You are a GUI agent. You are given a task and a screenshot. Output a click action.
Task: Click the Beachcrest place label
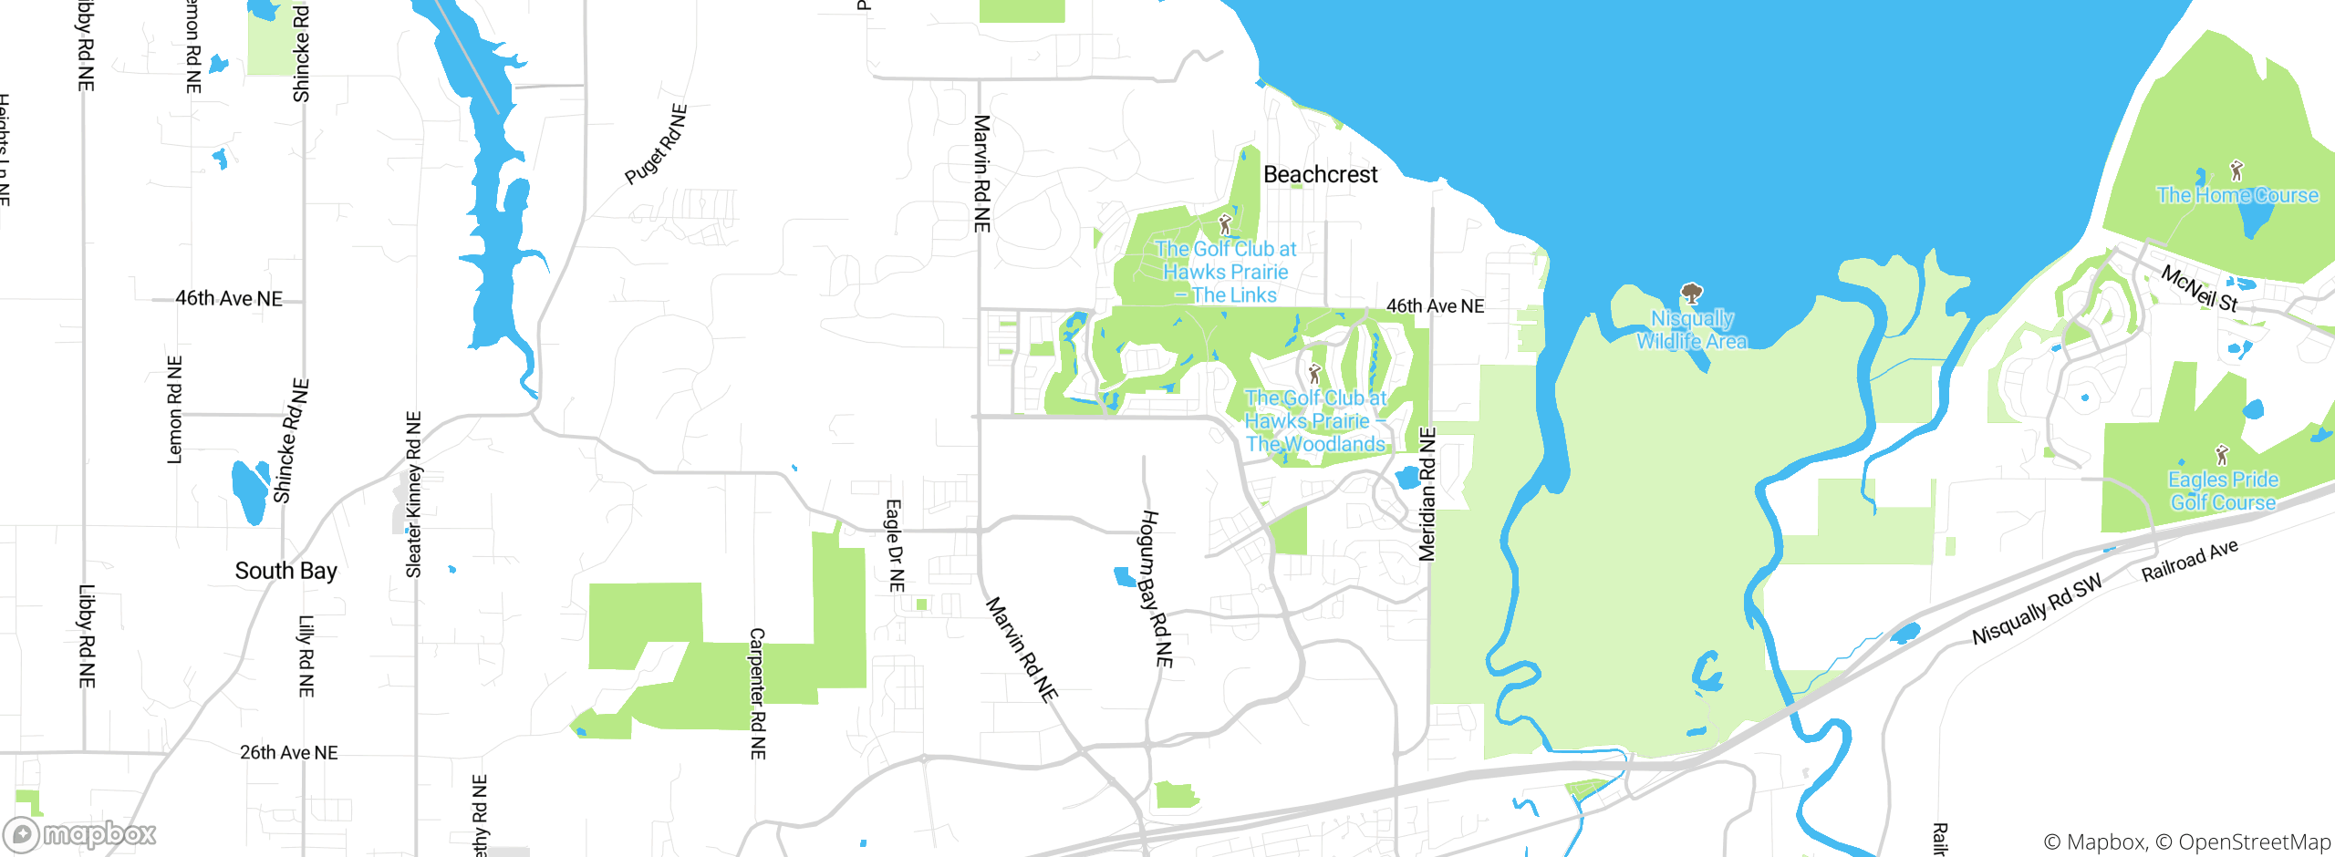tap(1320, 174)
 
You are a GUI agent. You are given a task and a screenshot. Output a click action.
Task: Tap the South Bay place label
tap(285, 571)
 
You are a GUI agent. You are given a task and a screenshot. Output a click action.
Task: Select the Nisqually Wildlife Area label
tap(1692, 330)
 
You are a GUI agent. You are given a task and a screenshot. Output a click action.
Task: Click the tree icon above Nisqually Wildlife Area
tap(1692, 293)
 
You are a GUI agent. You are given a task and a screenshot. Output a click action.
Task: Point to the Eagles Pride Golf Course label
tap(2223, 490)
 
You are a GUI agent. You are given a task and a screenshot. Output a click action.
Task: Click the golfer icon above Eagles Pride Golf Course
tap(2222, 454)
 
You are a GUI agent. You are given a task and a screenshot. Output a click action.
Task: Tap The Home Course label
tap(2236, 195)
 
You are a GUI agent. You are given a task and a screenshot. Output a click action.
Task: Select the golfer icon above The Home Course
tap(2236, 170)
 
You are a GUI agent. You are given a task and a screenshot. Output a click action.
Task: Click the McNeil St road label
tap(2198, 288)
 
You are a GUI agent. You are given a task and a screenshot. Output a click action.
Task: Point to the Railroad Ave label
tap(2189, 560)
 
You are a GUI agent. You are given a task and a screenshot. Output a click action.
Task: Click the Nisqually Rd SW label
tap(2037, 610)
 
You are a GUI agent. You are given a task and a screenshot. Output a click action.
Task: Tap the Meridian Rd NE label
tap(1427, 494)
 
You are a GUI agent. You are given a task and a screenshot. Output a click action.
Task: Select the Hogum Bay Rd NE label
tap(1156, 588)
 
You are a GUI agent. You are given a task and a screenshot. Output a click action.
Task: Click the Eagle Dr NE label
tap(896, 545)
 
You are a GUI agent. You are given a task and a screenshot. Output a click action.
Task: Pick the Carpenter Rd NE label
tap(758, 693)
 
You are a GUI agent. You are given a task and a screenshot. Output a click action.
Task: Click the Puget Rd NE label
tap(656, 145)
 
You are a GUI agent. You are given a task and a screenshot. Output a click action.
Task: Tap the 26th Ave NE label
tap(288, 753)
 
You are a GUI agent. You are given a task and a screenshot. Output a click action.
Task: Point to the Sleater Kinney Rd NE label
tap(413, 494)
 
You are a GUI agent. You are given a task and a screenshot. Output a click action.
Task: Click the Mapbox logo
tap(80, 834)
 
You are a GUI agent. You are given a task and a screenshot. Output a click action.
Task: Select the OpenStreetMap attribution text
tap(2254, 842)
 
